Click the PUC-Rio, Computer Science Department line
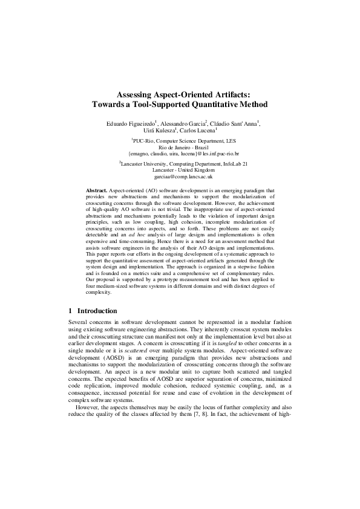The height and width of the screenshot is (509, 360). pyautogui.click(x=180, y=141)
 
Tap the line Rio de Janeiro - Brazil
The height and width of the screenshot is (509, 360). pyautogui.click(x=180, y=148)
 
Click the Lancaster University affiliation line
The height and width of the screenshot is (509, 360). pyautogui.click(x=180, y=164)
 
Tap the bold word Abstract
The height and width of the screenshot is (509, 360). pyautogui.click(x=96, y=189)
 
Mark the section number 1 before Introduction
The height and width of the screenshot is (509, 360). pyautogui.click(x=71, y=311)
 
